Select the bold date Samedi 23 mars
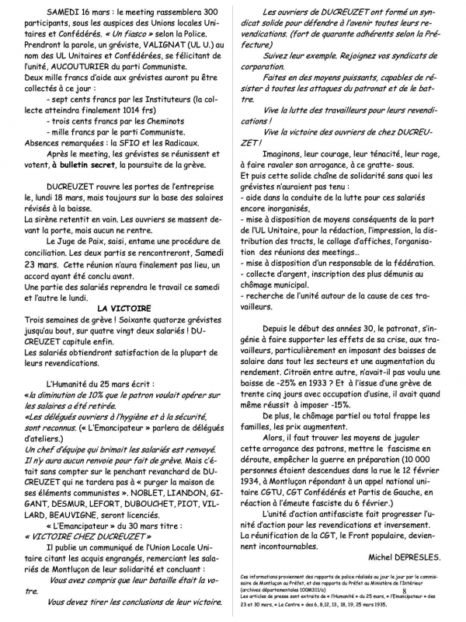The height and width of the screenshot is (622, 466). pos(181,269)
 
